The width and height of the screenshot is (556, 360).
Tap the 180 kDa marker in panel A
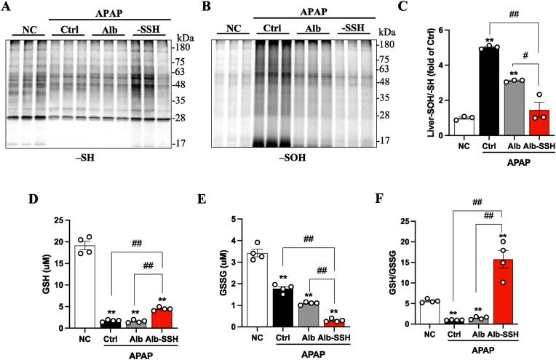[x=182, y=45]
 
